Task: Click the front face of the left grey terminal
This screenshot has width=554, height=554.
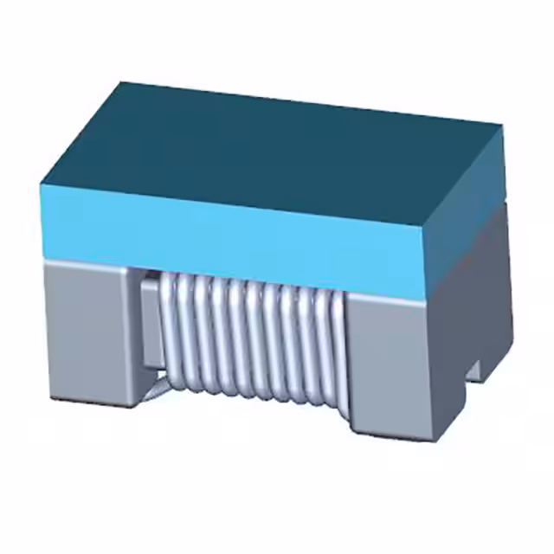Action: point(87,333)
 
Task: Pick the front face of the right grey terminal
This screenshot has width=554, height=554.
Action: point(390,364)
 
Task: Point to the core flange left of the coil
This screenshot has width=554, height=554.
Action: point(149,325)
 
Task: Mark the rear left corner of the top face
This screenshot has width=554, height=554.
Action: point(121,83)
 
